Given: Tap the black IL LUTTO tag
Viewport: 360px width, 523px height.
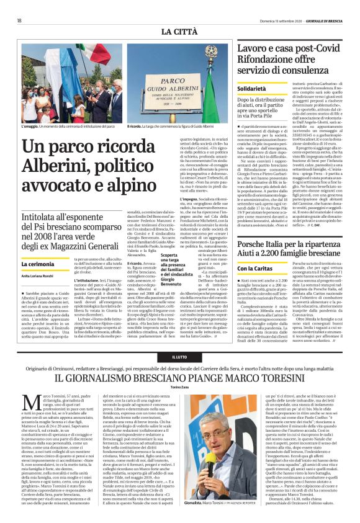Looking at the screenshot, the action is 180,357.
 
